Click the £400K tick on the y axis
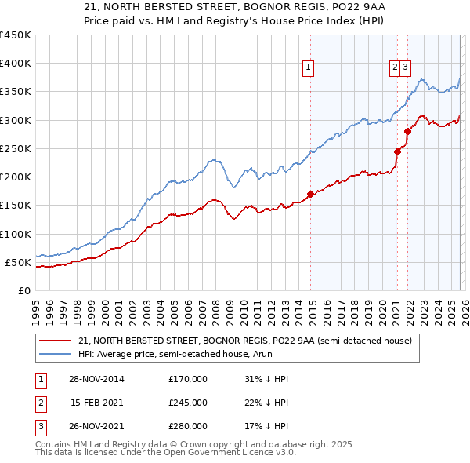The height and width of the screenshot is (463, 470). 16,64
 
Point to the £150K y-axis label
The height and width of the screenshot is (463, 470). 16,206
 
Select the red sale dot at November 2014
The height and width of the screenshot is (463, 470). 311,194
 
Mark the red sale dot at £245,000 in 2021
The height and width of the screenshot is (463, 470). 397,151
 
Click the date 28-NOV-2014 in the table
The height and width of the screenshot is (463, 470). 96,379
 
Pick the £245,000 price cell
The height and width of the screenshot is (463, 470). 188,403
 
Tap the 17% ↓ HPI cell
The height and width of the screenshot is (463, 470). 266,426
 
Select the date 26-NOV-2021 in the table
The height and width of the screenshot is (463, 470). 96,426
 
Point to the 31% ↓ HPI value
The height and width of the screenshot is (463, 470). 266,379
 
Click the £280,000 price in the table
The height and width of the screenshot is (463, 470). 188,426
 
